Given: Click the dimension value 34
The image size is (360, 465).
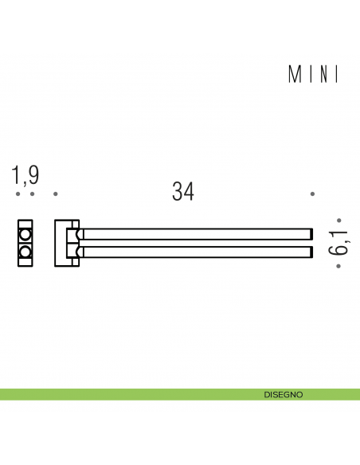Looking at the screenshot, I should (183, 192).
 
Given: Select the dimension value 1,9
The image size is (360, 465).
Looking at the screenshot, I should (25, 175).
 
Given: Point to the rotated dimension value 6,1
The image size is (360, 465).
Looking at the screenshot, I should (340, 243).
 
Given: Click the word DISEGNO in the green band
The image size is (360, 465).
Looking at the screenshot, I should (284, 394).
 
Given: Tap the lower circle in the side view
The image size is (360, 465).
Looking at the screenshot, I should (25, 252).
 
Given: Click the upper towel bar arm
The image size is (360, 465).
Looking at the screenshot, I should (195, 234).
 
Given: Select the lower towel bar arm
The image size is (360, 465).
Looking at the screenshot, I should (195, 252).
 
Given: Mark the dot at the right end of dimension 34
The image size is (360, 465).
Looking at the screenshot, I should (312, 193).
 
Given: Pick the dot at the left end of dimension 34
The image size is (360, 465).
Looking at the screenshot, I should (55, 193).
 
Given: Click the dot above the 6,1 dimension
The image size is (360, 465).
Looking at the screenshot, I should (338, 220).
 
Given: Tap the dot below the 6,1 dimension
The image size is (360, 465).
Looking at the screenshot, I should (338, 266).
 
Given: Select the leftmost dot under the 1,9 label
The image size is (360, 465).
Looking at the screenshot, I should (18, 193).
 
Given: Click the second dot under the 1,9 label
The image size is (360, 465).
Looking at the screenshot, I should (32, 193).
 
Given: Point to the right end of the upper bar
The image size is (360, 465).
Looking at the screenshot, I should (310, 234).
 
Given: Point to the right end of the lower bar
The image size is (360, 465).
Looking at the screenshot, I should (310, 252).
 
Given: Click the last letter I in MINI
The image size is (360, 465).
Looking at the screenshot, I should (338, 75).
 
